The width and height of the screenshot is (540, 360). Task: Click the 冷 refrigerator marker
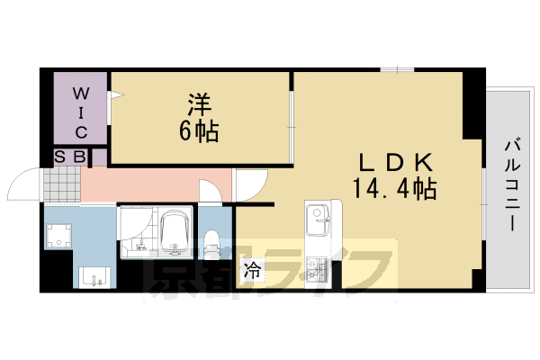point(253,269)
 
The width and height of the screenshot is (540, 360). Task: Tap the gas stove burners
point(318,267)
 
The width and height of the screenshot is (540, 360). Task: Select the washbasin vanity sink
point(94,277)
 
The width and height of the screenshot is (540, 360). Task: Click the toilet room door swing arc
point(208,192)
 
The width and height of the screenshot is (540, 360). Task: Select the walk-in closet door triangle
point(114,93)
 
